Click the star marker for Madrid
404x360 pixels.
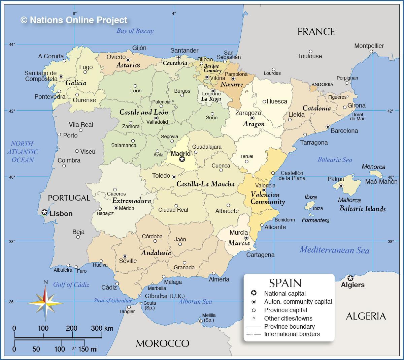[182, 159]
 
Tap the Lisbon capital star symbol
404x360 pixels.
[44, 212]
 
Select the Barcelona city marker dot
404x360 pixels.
[328, 127]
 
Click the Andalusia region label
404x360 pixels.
[156, 253]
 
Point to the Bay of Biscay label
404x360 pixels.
[135, 31]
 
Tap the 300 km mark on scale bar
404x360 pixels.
[102, 328]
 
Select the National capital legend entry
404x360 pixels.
[285, 294]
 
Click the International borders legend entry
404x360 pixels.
[292, 334]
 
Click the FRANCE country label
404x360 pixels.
[316, 32]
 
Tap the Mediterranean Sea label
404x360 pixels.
[334, 250]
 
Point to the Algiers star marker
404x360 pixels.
[350, 278]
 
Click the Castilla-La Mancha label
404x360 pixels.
[205, 184]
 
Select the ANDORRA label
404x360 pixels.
[322, 85]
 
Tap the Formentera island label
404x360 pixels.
[315, 220]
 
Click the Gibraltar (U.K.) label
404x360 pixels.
[165, 296]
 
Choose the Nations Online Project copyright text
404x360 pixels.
[74, 20]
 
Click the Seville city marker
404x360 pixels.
[125, 257]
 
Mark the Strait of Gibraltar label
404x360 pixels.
[112, 301]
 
